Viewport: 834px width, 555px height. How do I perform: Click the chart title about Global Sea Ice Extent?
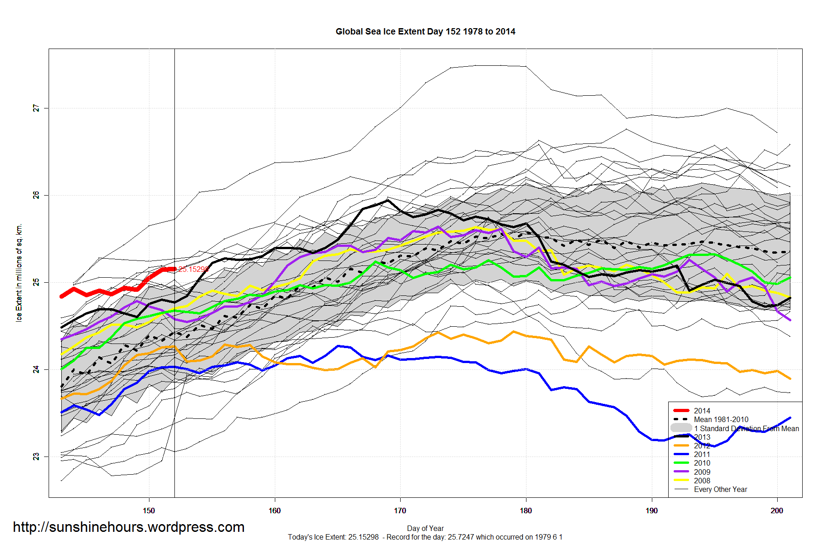(x=425, y=32)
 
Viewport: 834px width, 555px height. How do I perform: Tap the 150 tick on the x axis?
(x=149, y=511)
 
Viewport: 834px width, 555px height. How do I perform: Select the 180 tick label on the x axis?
(x=526, y=511)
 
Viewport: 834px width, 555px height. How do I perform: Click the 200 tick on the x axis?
(x=777, y=511)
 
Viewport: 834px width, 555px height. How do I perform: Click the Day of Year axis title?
(x=425, y=528)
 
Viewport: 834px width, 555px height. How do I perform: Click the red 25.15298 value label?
(x=194, y=270)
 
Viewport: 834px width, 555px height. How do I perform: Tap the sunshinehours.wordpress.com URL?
(x=129, y=527)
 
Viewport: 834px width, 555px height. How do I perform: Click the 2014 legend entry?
(x=702, y=411)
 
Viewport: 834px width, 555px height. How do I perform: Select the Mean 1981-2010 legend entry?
(x=721, y=419)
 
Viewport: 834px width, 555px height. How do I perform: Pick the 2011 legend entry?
(x=702, y=454)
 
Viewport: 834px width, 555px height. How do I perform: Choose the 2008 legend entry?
(x=702, y=481)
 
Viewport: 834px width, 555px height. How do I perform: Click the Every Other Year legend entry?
(x=720, y=489)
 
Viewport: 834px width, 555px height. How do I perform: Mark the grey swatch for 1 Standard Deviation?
(x=681, y=428)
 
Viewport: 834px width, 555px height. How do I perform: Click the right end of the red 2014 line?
(x=175, y=269)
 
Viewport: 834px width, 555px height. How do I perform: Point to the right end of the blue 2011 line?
(x=790, y=417)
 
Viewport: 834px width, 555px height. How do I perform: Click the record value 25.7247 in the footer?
(x=461, y=537)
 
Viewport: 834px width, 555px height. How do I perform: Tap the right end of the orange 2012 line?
(x=790, y=378)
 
